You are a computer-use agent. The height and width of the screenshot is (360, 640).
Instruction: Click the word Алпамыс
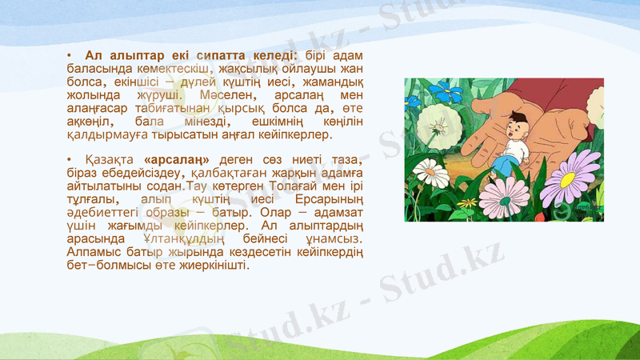click(x=89, y=253)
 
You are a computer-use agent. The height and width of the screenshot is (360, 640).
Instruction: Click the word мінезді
click(x=202, y=122)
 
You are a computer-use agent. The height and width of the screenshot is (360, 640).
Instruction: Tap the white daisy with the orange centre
click(x=430, y=173)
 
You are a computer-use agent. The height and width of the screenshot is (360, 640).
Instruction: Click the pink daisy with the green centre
click(x=503, y=197)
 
